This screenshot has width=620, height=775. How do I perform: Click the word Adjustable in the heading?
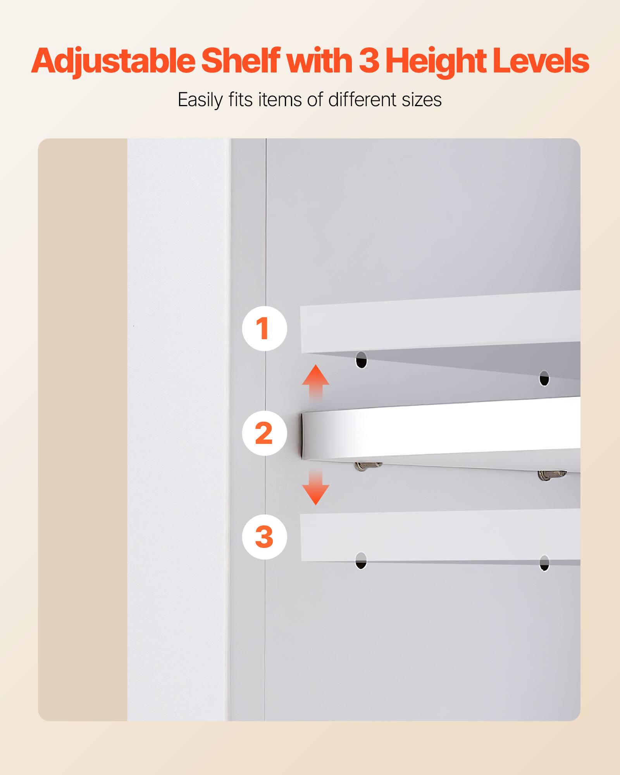pyautogui.click(x=113, y=61)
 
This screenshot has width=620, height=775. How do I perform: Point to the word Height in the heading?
pyautogui.click(x=436, y=61)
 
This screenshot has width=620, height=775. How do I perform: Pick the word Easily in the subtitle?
pyautogui.click(x=200, y=100)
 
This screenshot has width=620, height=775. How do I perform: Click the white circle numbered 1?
pyautogui.click(x=264, y=329)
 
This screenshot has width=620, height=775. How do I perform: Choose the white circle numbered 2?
pyautogui.click(x=264, y=433)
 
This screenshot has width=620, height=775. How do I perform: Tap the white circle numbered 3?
pyautogui.click(x=264, y=537)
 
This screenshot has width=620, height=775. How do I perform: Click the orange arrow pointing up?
pyautogui.click(x=316, y=382)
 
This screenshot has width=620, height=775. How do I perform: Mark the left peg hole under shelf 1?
pyautogui.click(x=361, y=360)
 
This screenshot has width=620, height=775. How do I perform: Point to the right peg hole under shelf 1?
pyautogui.click(x=544, y=379)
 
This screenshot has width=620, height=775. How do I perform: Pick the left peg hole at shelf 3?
pyautogui.click(x=361, y=561)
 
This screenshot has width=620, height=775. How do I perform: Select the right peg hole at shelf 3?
pyautogui.click(x=544, y=563)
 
